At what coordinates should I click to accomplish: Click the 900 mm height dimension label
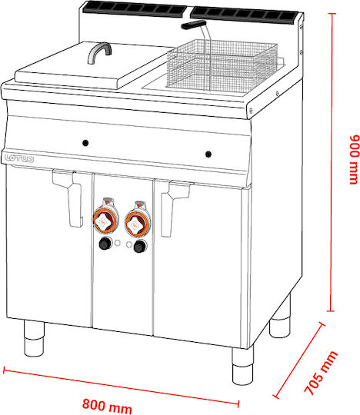point(355,160)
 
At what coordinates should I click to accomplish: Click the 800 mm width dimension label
point(107,406)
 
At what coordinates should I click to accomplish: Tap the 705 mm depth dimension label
point(322,373)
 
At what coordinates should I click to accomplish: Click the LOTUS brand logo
point(19,158)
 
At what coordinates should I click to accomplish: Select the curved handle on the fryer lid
point(99,53)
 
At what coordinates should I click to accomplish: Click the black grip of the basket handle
point(193,25)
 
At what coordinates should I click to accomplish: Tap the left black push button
point(105,243)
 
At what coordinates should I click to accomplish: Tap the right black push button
point(141,247)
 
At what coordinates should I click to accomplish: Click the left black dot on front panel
point(85,143)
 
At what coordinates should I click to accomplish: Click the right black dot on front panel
point(208,154)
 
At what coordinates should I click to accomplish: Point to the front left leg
point(34,338)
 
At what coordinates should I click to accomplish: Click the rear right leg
point(280,317)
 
